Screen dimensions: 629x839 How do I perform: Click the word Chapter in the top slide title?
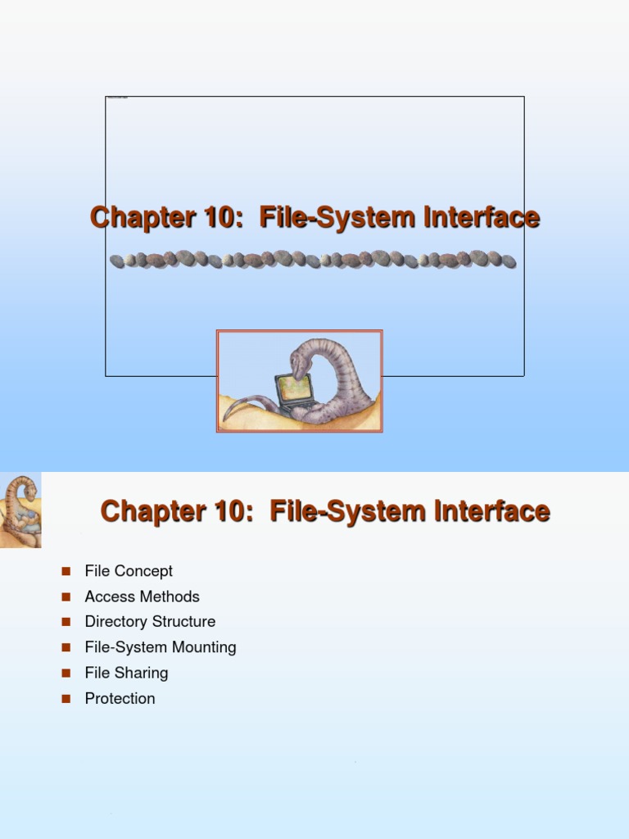coord(134,218)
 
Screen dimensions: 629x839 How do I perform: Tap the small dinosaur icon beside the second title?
coord(20,510)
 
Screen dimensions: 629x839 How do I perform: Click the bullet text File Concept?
coord(129,571)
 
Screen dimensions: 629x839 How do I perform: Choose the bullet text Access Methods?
coord(142,596)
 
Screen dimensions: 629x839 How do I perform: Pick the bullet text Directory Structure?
coord(150,622)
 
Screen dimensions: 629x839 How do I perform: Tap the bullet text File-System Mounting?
coord(161,647)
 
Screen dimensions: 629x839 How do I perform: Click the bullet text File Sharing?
coord(126,673)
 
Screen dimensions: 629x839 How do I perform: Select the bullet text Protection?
coord(120,698)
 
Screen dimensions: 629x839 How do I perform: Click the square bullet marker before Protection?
coord(66,698)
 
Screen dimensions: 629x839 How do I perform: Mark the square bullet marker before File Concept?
coord(66,571)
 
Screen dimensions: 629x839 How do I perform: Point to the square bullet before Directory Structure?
coord(66,622)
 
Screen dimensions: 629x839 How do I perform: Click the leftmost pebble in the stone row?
coord(117,261)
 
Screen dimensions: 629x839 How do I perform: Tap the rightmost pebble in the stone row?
coord(509,261)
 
